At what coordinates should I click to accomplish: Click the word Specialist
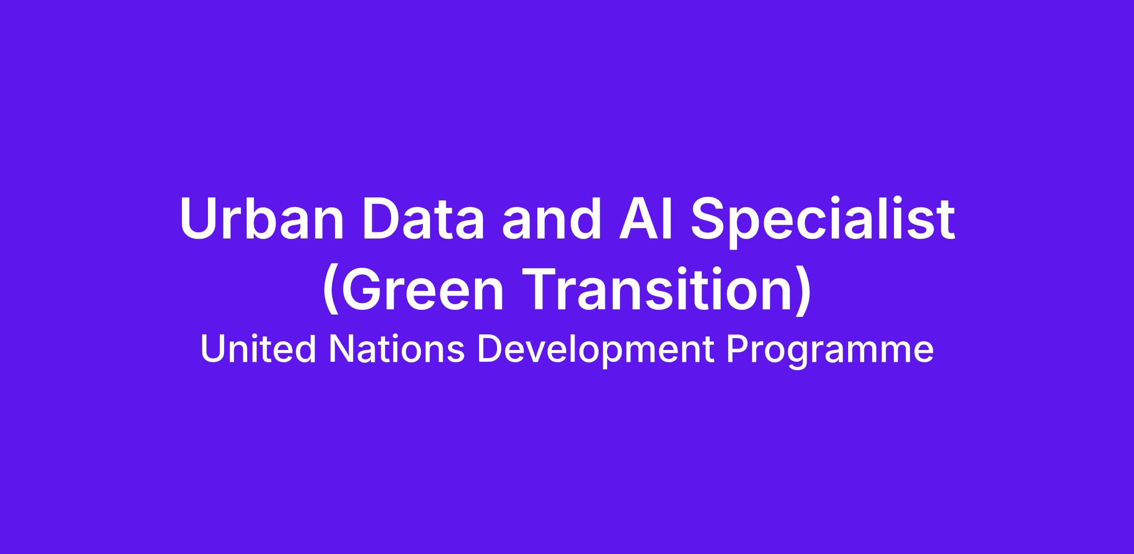(x=823, y=222)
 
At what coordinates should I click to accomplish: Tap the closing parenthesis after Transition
(x=803, y=291)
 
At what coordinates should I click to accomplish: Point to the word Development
(x=596, y=352)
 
